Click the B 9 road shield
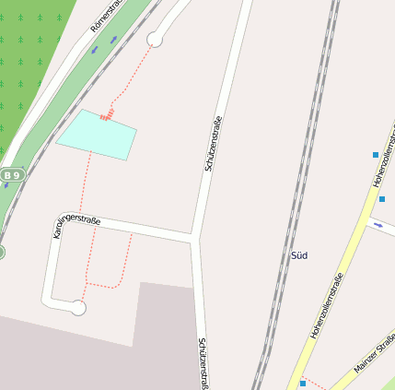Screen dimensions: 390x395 [x=12, y=174]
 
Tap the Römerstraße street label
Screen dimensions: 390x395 [x=107, y=18]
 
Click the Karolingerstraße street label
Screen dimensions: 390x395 [x=76, y=225]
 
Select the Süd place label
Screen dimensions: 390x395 [x=298, y=254]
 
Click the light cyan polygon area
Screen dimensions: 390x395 [x=97, y=135]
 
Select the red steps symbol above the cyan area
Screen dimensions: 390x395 [x=106, y=115]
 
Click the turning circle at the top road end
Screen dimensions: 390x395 [x=155, y=39]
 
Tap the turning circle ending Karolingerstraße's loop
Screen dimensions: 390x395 [x=78, y=308]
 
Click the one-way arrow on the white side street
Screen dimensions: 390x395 [x=378, y=224]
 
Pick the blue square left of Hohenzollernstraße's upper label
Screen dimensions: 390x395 [x=376, y=154]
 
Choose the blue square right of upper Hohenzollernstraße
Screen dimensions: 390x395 [x=382, y=198]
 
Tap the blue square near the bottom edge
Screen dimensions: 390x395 [x=302, y=382]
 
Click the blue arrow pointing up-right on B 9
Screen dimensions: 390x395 [x=114, y=40]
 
